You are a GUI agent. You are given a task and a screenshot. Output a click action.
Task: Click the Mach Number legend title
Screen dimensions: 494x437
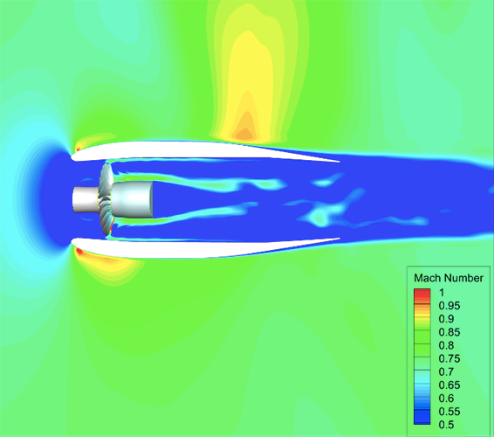(x=449, y=278)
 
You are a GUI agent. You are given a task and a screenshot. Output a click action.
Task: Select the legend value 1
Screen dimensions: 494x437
(x=442, y=293)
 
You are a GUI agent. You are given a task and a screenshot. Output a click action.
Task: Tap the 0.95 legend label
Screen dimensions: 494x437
(x=449, y=306)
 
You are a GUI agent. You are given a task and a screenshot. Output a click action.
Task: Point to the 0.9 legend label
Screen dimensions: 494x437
(x=446, y=319)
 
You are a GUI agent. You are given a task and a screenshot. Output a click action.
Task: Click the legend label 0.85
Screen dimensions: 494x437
(x=449, y=332)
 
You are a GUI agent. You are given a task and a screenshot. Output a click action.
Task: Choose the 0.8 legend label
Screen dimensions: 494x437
(x=446, y=345)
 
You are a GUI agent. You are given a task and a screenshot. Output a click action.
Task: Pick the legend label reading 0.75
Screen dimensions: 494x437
(x=449, y=358)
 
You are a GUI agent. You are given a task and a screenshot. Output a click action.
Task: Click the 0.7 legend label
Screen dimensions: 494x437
(x=446, y=372)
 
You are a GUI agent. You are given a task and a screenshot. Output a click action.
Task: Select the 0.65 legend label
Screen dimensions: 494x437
(x=449, y=385)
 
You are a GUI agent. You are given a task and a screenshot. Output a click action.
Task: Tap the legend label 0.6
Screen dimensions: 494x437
(x=446, y=399)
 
